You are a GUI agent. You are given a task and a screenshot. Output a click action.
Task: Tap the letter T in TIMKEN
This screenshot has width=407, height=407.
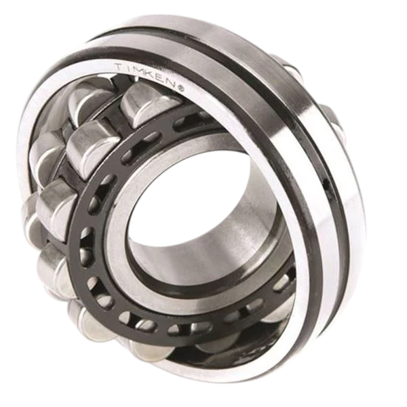[119, 66]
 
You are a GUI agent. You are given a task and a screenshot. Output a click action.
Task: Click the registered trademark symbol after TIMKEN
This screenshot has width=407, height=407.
[181, 89]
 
